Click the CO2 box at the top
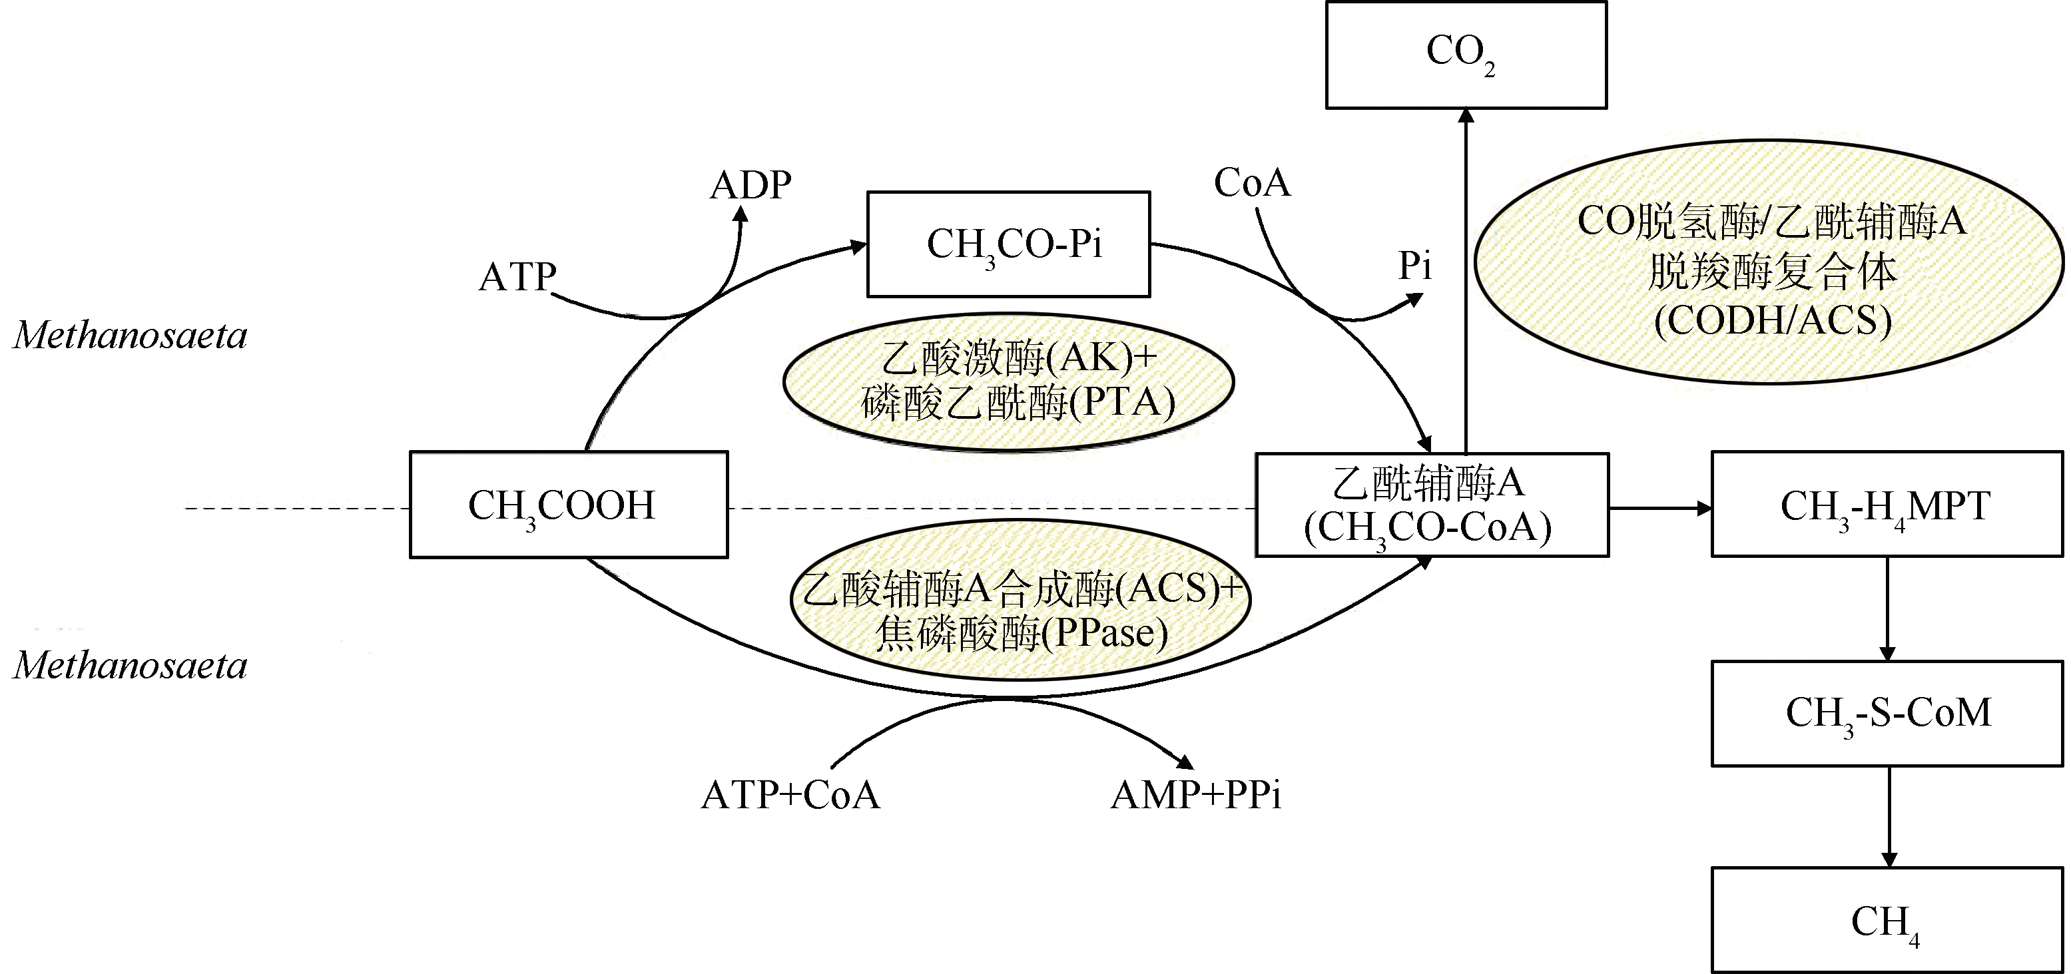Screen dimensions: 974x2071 tap(1466, 55)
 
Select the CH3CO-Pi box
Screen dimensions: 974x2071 tap(1008, 244)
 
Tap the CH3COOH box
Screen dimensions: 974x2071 tap(569, 505)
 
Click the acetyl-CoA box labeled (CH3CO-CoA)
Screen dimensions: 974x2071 tap(1432, 505)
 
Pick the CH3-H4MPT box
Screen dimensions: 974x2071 tap(1886, 505)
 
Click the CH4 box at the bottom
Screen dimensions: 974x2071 tap(1886, 920)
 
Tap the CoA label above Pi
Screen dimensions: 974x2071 tap(1252, 183)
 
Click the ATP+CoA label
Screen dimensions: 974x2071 tap(790, 796)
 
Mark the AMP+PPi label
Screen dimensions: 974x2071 tap(1196, 796)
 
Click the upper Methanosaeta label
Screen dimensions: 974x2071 tap(131, 335)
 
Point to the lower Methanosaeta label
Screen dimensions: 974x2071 tap(131, 665)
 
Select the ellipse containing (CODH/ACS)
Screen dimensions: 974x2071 tap(1769, 262)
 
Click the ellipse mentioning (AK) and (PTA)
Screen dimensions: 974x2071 tap(1008, 381)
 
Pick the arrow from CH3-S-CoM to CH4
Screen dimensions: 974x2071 tap(1889, 816)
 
